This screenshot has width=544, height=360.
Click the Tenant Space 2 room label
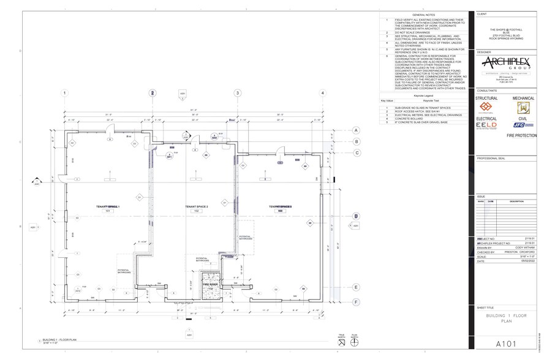(197, 207)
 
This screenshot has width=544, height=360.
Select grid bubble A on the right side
(356, 130)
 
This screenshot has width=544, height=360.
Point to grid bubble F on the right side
(356, 301)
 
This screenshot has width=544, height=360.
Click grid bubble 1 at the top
(64, 93)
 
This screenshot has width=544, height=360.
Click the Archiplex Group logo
(505, 65)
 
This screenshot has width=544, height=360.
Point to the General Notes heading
(423, 14)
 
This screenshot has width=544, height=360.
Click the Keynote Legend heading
(423, 96)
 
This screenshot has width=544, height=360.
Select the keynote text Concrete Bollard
(408, 118)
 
